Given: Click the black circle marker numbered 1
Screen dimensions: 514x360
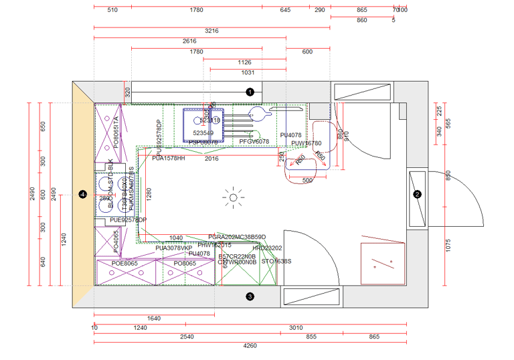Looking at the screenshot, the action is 250,91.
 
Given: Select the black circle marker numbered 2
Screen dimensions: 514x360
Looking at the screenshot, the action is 417,195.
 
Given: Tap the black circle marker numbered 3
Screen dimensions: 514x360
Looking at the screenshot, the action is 250,296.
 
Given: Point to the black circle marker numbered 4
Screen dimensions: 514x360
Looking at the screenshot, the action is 83,194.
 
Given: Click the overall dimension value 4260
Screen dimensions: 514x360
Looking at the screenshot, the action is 250,346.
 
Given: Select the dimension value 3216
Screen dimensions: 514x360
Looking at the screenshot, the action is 211,31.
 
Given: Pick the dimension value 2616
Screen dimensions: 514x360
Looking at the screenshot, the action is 189,41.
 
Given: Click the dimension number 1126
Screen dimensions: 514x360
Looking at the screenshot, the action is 244,62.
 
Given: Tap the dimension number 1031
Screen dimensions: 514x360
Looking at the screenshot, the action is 247,72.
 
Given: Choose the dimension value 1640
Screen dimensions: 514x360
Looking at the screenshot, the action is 154,318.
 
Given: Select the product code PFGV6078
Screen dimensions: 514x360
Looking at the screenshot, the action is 254,141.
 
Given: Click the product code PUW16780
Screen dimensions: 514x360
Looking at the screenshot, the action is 306,143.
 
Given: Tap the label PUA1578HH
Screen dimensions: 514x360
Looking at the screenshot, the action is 168,159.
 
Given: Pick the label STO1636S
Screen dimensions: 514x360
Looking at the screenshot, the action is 276,262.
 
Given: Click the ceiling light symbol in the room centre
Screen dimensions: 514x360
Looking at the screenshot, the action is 234,197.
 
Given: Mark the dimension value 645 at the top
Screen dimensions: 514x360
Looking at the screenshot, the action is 285,10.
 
